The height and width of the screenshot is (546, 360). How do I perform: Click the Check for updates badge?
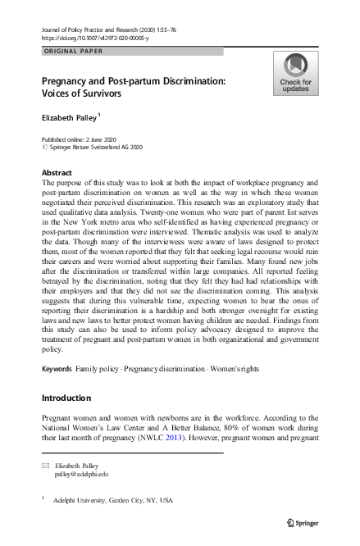coord(295,73)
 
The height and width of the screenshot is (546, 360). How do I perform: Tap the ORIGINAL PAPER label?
coord(71,52)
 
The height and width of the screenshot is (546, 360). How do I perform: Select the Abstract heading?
coord(57,173)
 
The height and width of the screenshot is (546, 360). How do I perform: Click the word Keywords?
coord(57,370)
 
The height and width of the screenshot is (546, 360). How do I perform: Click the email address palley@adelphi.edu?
coord(80,475)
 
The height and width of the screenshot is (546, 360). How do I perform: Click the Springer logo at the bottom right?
coord(303,522)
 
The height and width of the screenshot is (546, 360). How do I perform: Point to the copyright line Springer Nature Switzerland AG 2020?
coord(94,148)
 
